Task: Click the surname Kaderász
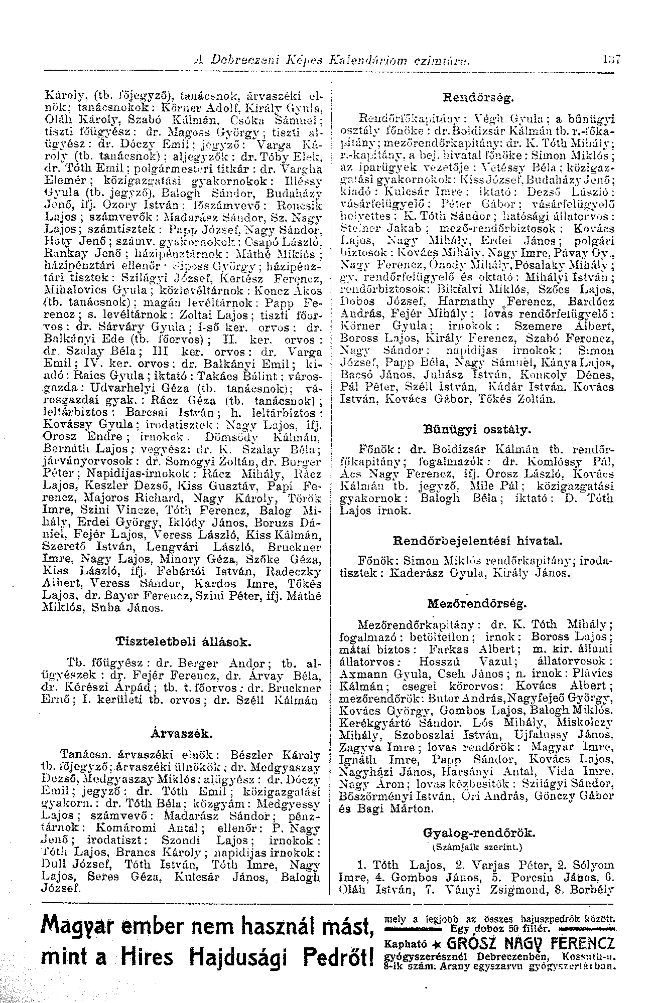pyautogui.click(x=412, y=573)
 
